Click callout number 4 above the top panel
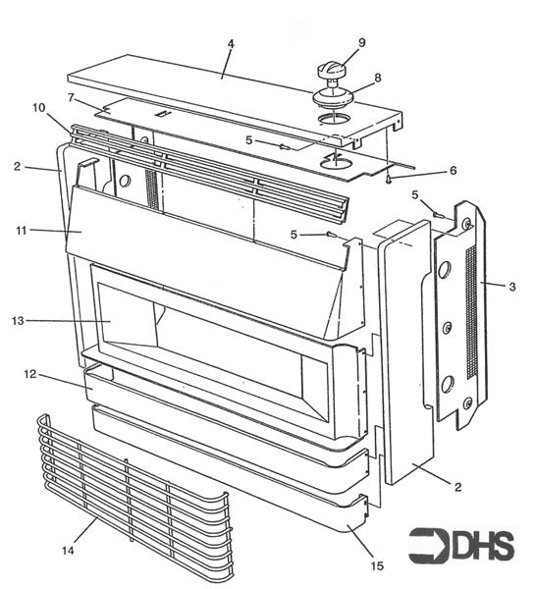click(230, 44)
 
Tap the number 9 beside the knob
click(361, 42)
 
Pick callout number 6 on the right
click(453, 170)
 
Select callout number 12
click(30, 374)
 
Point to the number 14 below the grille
click(68, 552)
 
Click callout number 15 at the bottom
click(377, 566)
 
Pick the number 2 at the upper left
click(18, 167)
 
